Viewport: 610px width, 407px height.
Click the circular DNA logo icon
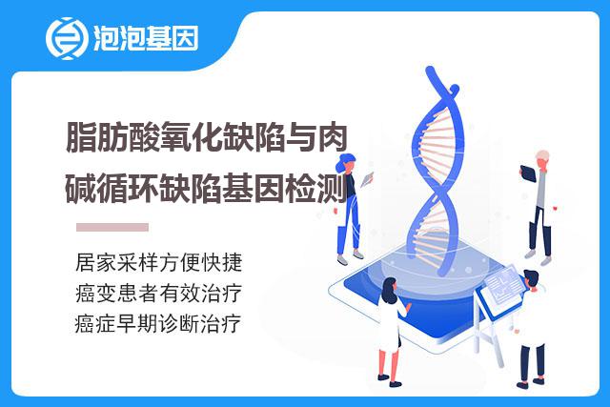point(67,38)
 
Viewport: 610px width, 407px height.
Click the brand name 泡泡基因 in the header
point(146,38)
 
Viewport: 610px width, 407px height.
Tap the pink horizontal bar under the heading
point(112,227)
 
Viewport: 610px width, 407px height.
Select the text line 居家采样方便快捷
point(159,262)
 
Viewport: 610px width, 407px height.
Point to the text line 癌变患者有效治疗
point(159,293)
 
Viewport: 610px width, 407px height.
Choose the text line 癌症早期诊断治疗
point(158,324)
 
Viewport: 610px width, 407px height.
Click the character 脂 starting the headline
point(81,137)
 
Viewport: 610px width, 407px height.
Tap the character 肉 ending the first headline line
point(333,137)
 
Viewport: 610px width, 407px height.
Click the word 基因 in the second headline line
point(253,190)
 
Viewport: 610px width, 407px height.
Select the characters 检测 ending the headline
point(315,190)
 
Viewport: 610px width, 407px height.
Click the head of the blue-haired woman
point(346,163)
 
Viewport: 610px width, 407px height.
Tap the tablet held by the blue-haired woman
point(367,179)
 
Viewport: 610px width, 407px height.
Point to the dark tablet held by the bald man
point(528,173)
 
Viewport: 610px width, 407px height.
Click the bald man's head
point(542,159)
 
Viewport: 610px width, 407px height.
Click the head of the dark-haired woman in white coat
point(390,290)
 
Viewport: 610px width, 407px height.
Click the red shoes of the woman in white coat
point(389,380)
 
